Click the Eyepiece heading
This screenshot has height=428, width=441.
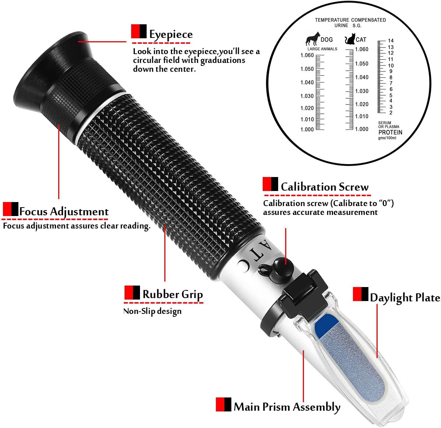click(171, 35)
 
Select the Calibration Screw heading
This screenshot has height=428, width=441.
click(325, 187)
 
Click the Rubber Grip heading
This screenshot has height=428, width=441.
click(173, 294)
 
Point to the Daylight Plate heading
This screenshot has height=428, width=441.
click(405, 298)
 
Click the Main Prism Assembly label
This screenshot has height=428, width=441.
click(287, 407)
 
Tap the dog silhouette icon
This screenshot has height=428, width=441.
click(313, 39)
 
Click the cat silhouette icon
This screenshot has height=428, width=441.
click(350, 39)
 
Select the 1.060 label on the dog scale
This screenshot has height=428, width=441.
click(307, 55)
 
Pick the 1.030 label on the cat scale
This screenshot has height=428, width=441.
click(362, 91)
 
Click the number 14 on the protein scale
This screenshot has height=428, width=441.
click(391, 41)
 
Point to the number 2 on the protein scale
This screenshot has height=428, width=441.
click(391, 113)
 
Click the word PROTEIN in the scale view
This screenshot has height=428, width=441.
click(390, 132)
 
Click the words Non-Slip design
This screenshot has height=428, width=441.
click(153, 311)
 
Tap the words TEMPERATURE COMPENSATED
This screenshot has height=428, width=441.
click(350, 20)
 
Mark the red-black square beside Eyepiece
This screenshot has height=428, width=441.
click(139, 31)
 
